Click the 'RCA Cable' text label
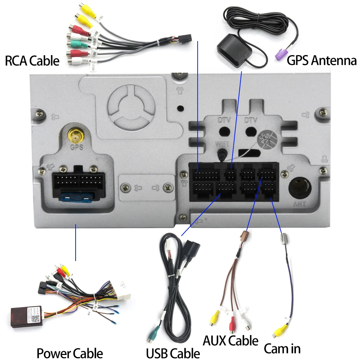(x=32, y=60)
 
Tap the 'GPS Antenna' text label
(x=321, y=60)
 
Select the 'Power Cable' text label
(x=69, y=353)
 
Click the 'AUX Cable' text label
(x=230, y=340)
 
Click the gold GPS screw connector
(x=76, y=136)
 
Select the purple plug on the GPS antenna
(x=281, y=55)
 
